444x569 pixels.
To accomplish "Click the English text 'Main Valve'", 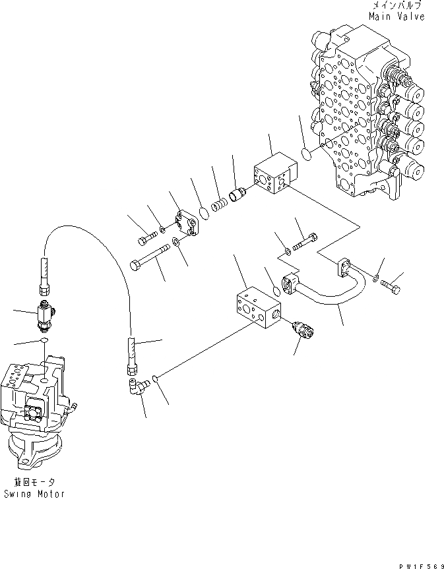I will (x=396, y=16).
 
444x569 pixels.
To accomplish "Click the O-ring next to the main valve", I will (x=305, y=155).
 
